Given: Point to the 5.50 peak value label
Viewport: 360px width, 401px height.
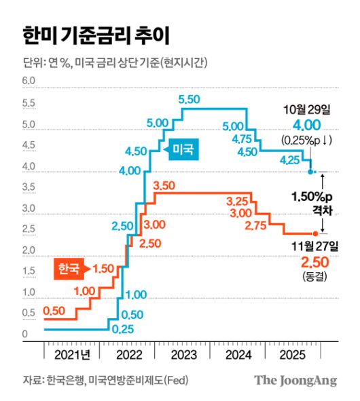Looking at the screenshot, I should (190, 100).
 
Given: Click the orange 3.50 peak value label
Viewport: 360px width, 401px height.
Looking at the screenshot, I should (165, 185).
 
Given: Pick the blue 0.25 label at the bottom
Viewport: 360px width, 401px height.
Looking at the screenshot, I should (122, 330).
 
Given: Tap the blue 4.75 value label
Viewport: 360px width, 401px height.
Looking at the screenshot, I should (242, 139).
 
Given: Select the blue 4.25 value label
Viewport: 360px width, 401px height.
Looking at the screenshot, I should (293, 160).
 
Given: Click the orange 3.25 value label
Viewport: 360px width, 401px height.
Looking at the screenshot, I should (238, 201).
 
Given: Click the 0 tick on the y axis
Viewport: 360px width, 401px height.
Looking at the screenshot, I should (24, 335).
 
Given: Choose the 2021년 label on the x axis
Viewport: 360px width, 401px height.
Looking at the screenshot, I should (71, 354).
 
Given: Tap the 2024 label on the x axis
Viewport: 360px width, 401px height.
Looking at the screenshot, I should (238, 354).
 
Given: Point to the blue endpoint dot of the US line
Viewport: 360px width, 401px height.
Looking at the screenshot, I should (311, 172).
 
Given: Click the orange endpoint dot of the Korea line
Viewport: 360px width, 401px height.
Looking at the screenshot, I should (314, 233).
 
